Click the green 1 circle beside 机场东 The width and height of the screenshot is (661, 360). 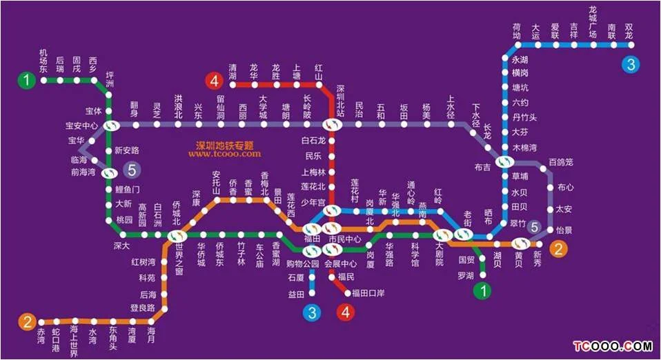(26, 81)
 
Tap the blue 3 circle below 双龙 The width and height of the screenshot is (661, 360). (629, 65)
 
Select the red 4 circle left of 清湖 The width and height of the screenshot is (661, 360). (214, 81)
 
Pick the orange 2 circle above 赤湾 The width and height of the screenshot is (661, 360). (26, 321)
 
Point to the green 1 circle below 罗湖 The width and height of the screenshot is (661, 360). (484, 291)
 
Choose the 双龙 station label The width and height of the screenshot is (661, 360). (629, 31)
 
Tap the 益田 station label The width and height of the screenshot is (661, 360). (296, 294)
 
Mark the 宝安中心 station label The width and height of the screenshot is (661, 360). (81, 126)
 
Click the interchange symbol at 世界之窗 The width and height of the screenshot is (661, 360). (177, 236)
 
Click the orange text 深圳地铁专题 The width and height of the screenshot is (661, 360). (224, 146)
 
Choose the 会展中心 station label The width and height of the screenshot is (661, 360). (340, 263)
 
